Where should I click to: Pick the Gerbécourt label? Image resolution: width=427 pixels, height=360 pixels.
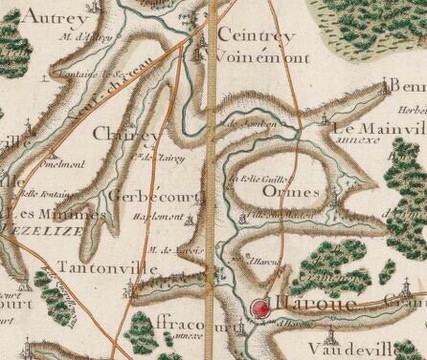(x=146, y=194)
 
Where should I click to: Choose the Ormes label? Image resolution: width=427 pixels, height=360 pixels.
(x=289, y=189)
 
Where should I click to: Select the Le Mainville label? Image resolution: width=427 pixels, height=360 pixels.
(x=380, y=129)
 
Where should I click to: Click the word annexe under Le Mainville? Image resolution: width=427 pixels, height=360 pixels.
(x=365, y=143)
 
